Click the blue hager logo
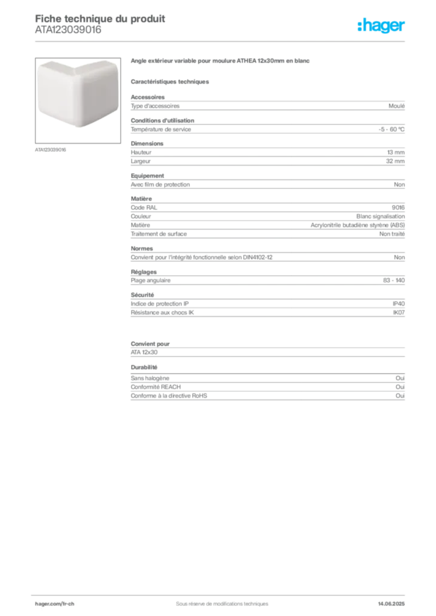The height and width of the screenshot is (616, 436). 382,26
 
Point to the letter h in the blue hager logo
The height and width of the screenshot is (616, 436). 365,26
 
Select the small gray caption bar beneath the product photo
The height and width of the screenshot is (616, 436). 50,149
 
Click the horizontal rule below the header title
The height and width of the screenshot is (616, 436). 222,40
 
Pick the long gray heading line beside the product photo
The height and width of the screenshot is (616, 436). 222,61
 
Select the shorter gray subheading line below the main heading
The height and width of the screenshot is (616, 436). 170,80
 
